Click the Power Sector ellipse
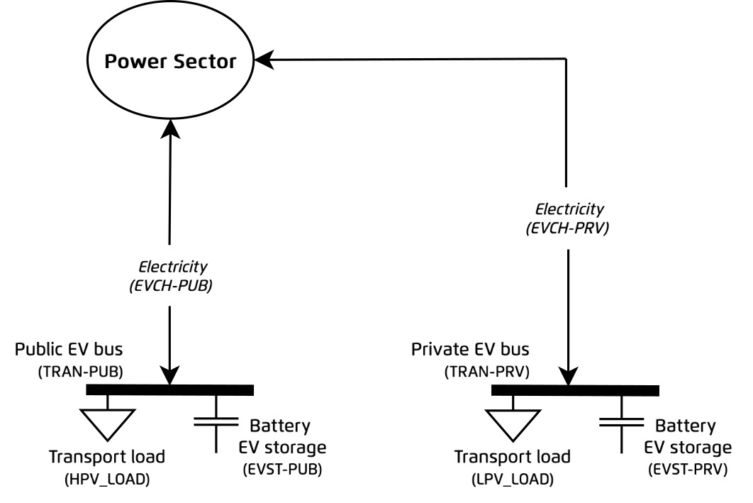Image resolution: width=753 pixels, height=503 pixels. pyautogui.click(x=170, y=62)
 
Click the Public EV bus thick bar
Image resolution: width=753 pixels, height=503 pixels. pyautogui.click(x=169, y=389)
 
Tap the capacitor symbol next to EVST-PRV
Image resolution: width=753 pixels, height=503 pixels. pyautogui.click(x=621, y=424)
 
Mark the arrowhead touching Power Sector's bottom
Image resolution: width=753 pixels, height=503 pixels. pyautogui.click(x=170, y=127)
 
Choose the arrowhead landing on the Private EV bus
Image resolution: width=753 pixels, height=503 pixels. pyautogui.click(x=569, y=377)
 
